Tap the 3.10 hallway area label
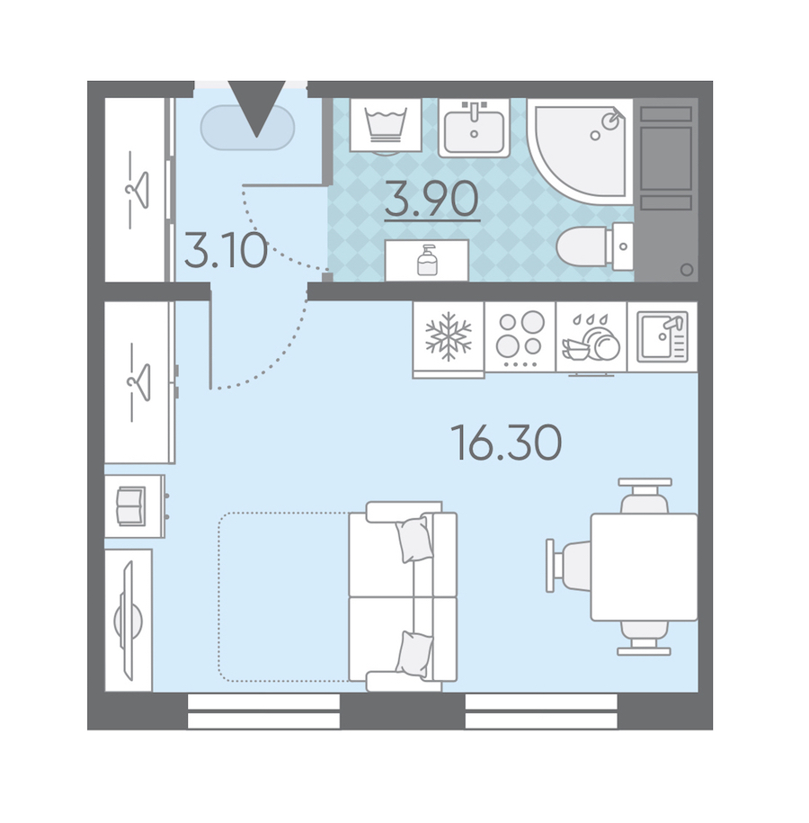pyautogui.click(x=227, y=250)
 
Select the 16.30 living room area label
pyautogui.click(x=506, y=443)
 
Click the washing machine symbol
pyautogui.click(x=386, y=125)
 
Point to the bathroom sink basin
pyautogui.click(x=475, y=128)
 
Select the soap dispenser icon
pyautogui.click(x=427, y=260)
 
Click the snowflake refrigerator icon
pyautogui.click(x=448, y=337)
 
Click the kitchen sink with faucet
pyautogui.click(x=662, y=337)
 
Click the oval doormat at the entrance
pyautogui.click(x=247, y=128)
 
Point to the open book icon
pyautogui.click(x=130, y=506)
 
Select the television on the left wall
pyautogui.click(x=128, y=621)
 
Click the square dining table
pyautogui.click(x=645, y=567)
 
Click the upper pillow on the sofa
pyautogui.click(x=414, y=539)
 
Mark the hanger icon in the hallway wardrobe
pyautogui.click(x=138, y=190)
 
